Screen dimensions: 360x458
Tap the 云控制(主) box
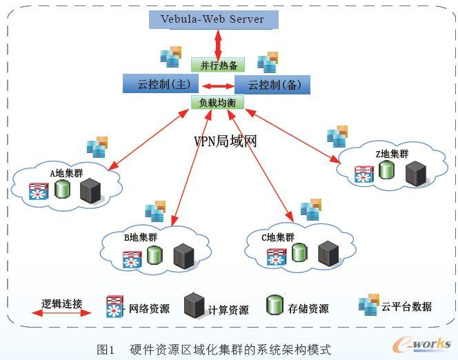point(160,85)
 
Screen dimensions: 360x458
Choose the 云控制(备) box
point(272,85)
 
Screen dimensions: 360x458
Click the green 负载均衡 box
point(218,103)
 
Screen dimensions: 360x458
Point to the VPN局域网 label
point(226,141)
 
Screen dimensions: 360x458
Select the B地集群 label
point(141,237)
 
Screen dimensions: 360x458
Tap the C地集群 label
point(278,237)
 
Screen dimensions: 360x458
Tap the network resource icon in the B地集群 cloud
point(132,259)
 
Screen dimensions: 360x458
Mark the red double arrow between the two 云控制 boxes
point(217,86)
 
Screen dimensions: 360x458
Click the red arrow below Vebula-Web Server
point(218,43)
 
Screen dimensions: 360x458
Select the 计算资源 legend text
point(228,310)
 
